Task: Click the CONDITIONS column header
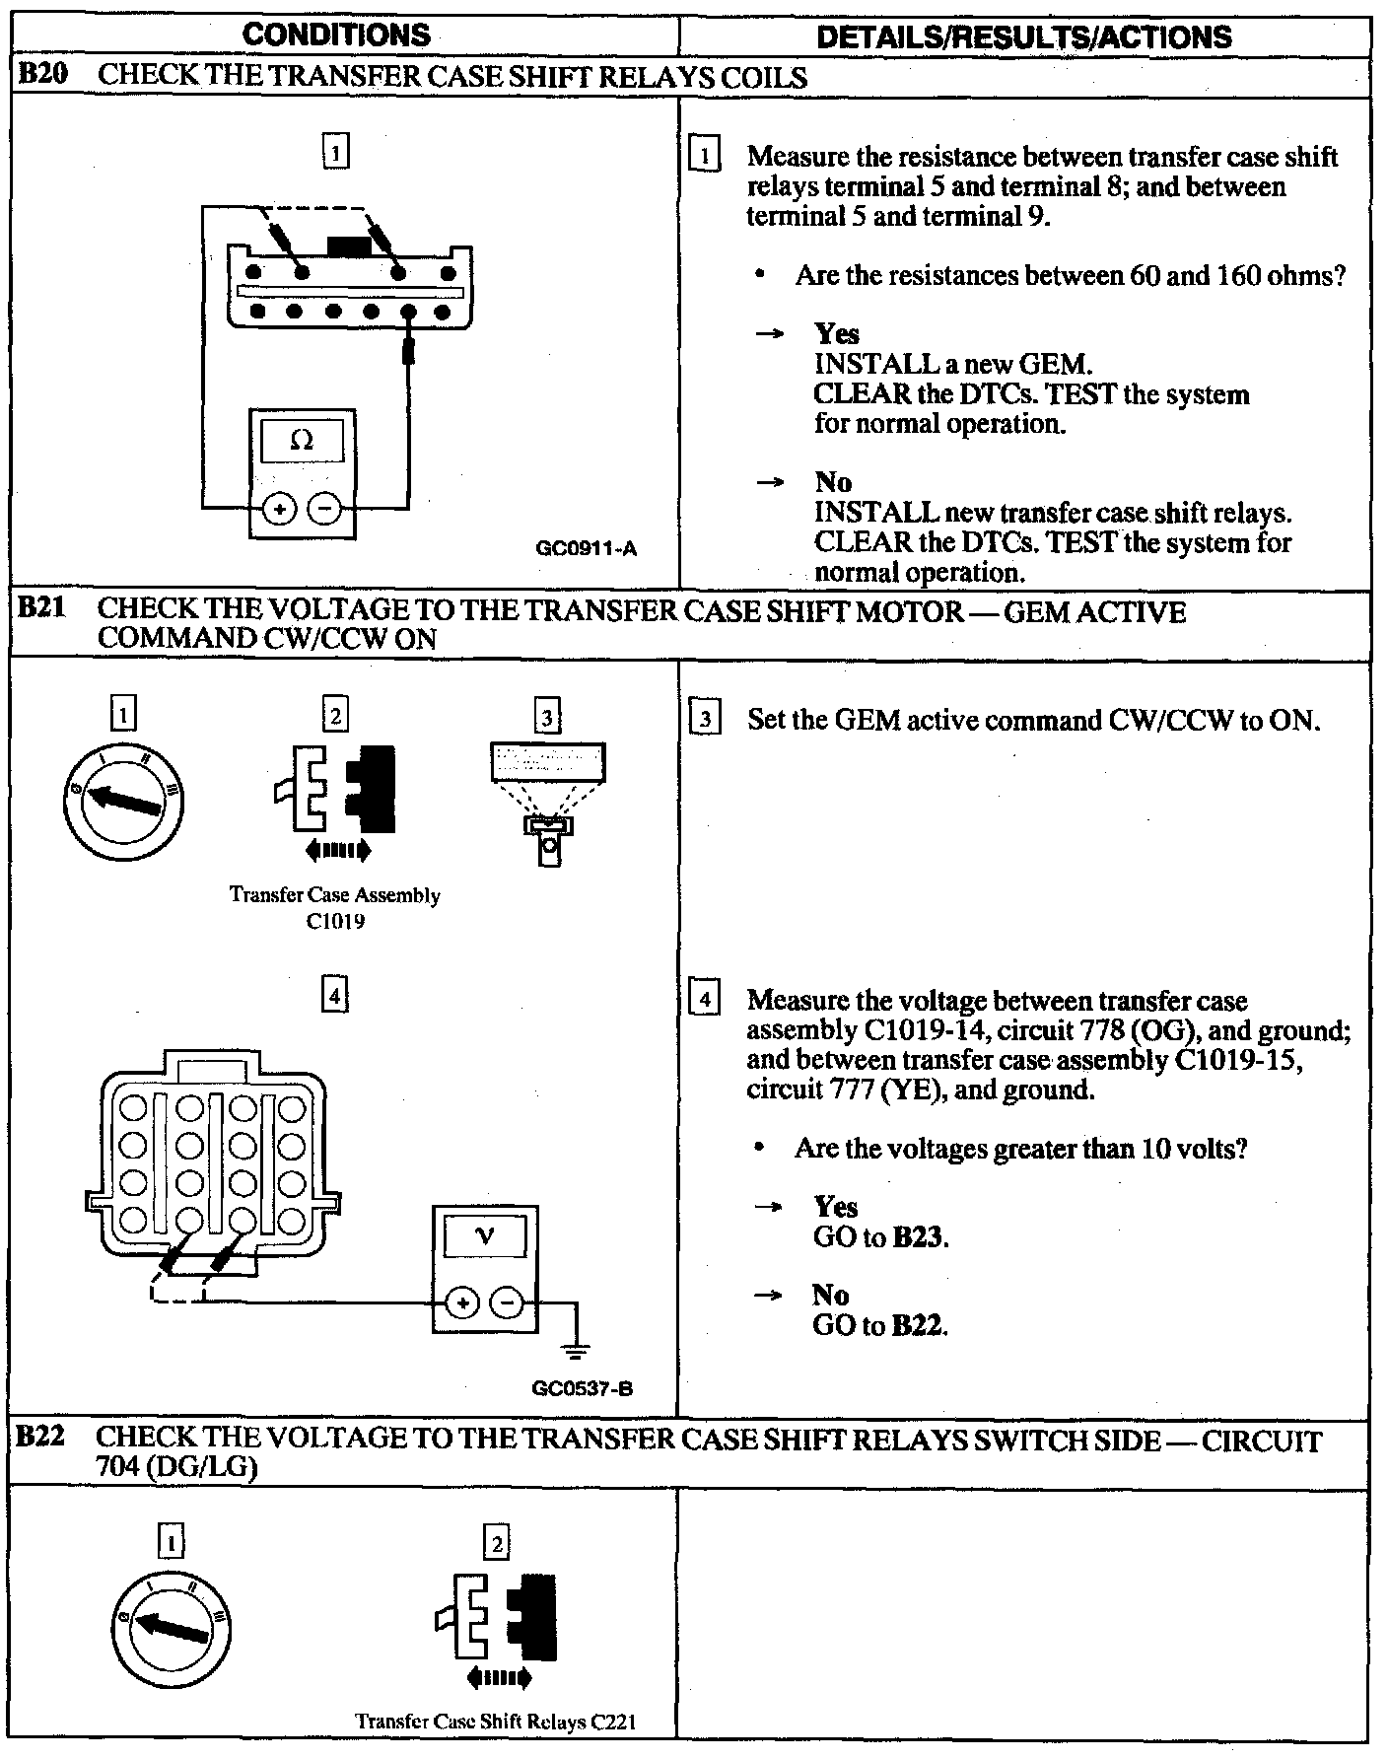tap(336, 36)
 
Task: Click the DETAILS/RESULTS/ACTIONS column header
tap(1024, 37)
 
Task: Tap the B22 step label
tap(42, 1437)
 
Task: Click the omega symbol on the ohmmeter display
tap(302, 441)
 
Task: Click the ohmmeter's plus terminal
tap(280, 509)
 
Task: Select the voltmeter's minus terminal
tap(508, 1303)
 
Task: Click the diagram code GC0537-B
tap(582, 1389)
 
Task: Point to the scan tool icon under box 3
tap(547, 802)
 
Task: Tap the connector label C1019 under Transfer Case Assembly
tap(335, 922)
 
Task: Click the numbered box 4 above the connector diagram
tap(335, 997)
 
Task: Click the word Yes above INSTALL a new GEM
tap(836, 334)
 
